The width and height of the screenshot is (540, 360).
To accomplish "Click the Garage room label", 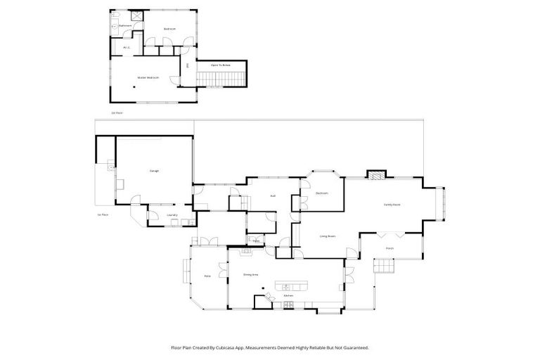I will pos(154,171).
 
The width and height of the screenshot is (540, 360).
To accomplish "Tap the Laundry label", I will pos(171,215).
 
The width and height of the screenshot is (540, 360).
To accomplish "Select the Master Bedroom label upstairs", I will pos(148,77).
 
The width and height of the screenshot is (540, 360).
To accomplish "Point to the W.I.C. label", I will pos(127,48).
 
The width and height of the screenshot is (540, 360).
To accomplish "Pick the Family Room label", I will pos(392,205).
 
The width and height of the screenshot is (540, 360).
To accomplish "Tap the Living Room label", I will pos(327,236).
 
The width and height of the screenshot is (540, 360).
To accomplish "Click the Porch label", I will pos(390,248).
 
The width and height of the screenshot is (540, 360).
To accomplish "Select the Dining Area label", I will pos(252,274).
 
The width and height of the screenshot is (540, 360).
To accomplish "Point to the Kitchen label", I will pos(288,296).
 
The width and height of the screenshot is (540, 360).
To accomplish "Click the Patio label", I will pos(207,276).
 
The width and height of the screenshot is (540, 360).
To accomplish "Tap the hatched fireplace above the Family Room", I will pos(378,174).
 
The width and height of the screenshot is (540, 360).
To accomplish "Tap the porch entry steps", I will pos(383,266).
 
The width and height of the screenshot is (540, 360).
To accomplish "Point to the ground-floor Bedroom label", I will pos(322,193).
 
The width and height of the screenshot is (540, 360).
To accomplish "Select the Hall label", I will pos(272,195).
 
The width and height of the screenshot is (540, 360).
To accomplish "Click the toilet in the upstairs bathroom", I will pos(115,27).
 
